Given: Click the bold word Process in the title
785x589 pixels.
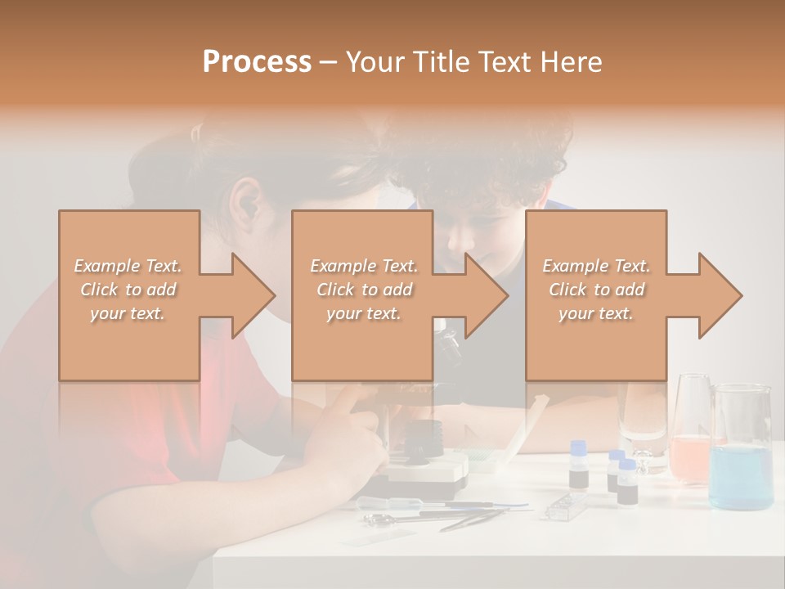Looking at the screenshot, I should click(257, 62).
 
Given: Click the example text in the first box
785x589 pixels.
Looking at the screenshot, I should click(128, 289).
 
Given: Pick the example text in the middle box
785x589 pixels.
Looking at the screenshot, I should click(363, 289).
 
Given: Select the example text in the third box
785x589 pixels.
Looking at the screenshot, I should click(596, 289).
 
